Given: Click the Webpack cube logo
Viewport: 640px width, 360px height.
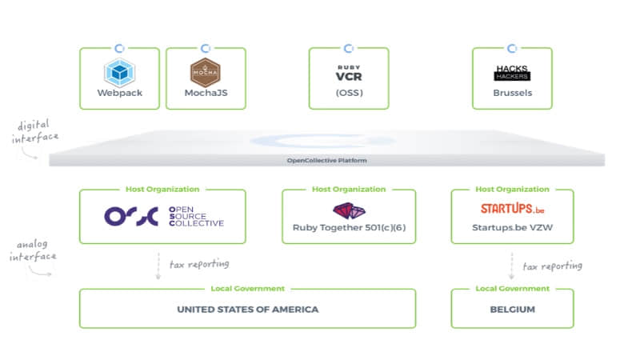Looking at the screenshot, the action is click(119, 73).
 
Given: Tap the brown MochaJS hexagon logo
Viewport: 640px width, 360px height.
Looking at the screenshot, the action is click(206, 72).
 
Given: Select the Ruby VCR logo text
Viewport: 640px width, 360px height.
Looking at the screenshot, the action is click(349, 74).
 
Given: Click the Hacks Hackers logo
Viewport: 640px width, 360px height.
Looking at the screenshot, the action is click(512, 73).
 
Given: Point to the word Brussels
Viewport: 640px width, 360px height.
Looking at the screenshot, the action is click(512, 93).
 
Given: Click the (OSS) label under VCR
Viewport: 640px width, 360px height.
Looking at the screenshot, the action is click(349, 93).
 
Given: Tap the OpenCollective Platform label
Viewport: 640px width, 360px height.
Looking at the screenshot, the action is click(326, 161).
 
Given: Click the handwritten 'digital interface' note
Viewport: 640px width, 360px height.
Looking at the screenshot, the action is click(34, 131).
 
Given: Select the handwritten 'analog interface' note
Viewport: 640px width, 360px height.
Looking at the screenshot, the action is click(33, 250).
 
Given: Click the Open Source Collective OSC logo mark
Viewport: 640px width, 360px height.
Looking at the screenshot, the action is click(131, 216).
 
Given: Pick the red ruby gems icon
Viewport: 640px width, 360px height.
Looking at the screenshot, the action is click(349, 211).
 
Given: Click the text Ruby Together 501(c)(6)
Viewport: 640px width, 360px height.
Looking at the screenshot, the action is click(349, 228).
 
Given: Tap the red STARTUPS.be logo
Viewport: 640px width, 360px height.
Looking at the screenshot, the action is click(512, 209).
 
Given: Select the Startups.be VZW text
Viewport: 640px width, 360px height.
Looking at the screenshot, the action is click(512, 228).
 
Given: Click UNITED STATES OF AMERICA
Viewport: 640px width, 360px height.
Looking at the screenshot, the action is click(248, 310).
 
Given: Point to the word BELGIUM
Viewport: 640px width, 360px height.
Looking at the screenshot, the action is click(512, 310).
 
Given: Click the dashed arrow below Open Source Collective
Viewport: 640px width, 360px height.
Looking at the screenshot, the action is click(158, 266).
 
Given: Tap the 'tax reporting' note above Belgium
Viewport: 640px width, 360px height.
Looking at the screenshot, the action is click(552, 266).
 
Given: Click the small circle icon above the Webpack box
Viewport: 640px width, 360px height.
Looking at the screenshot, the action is click(119, 49).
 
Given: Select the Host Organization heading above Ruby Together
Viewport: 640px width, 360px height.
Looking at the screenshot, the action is click(349, 190).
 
